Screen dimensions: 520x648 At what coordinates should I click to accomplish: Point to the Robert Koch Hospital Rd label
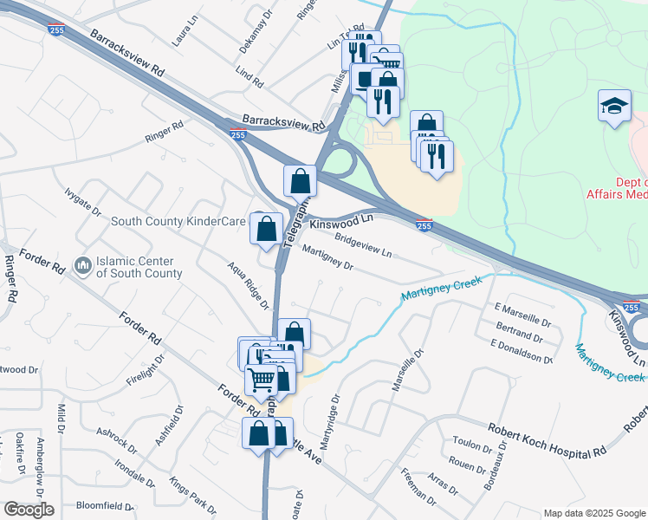[x=546, y=441]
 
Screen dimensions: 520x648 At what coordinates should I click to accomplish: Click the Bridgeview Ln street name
[x=363, y=247]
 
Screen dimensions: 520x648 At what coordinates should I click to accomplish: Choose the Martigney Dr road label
[x=327, y=259]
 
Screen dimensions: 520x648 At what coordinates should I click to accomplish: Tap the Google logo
[x=29, y=510]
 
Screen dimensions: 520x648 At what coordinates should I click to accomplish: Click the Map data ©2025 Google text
[x=594, y=513]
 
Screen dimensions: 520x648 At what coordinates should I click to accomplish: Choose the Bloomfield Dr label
[x=104, y=506]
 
